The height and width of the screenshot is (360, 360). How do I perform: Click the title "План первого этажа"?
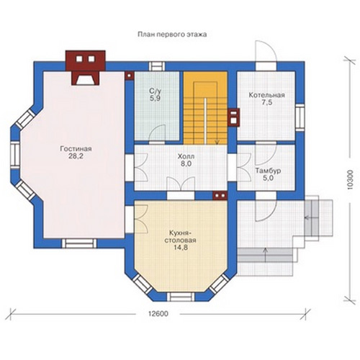coord(172,35)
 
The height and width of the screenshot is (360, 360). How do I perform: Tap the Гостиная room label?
coord(76,149)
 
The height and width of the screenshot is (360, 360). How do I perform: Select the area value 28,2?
coord(76,156)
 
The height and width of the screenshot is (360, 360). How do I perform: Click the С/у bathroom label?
coord(156,91)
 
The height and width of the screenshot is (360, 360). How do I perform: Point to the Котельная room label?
coord(266,95)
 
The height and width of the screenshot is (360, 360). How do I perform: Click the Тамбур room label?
coord(268,171)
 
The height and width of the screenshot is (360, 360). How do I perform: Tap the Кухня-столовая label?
coord(180,237)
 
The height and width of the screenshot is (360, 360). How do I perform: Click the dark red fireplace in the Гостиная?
coord(86,68)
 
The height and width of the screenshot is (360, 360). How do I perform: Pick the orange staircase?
coord(205,108)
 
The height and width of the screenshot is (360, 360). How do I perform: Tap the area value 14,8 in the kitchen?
coord(181,248)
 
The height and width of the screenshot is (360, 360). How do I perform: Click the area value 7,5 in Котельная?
coord(267,103)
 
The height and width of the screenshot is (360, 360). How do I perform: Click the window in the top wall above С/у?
coord(157,66)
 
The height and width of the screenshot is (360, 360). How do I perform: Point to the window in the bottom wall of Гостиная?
coord(79,243)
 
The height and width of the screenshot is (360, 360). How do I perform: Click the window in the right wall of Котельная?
coord(300,117)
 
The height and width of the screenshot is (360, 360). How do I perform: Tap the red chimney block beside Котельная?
coord(234,117)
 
